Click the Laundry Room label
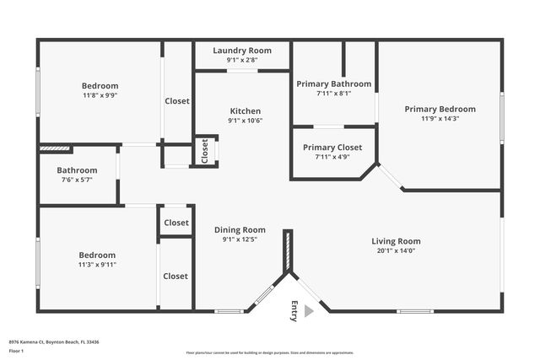(x=242, y=50)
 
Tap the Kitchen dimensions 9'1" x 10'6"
(x=245, y=121)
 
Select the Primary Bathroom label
(x=333, y=83)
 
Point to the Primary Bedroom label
(x=440, y=109)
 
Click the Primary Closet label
(x=332, y=147)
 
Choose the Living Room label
(x=396, y=241)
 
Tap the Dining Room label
(x=240, y=229)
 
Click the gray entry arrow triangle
(x=309, y=311)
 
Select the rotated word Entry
(x=294, y=310)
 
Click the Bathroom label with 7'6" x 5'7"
(x=78, y=169)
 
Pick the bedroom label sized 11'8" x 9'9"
(x=100, y=85)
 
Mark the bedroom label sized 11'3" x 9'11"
(x=97, y=255)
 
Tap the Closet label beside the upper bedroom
(x=177, y=101)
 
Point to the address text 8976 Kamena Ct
(x=54, y=342)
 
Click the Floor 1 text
(x=17, y=350)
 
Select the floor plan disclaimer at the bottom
(x=269, y=352)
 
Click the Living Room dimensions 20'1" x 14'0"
(x=396, y=250)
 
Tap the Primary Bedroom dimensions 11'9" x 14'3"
(x=440, y=118)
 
